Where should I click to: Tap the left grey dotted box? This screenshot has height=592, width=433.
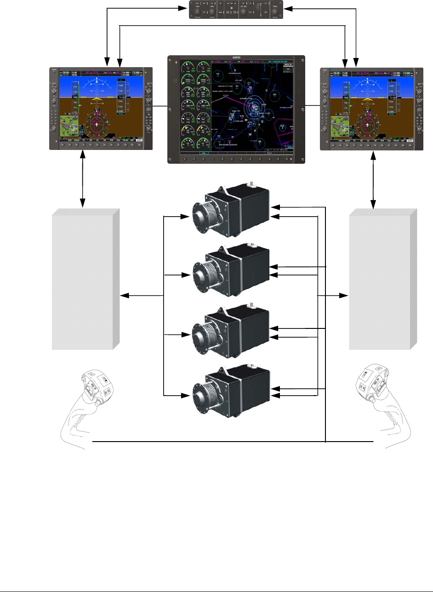click(85, 279)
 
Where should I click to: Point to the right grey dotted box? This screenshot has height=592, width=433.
click(383, 279)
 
